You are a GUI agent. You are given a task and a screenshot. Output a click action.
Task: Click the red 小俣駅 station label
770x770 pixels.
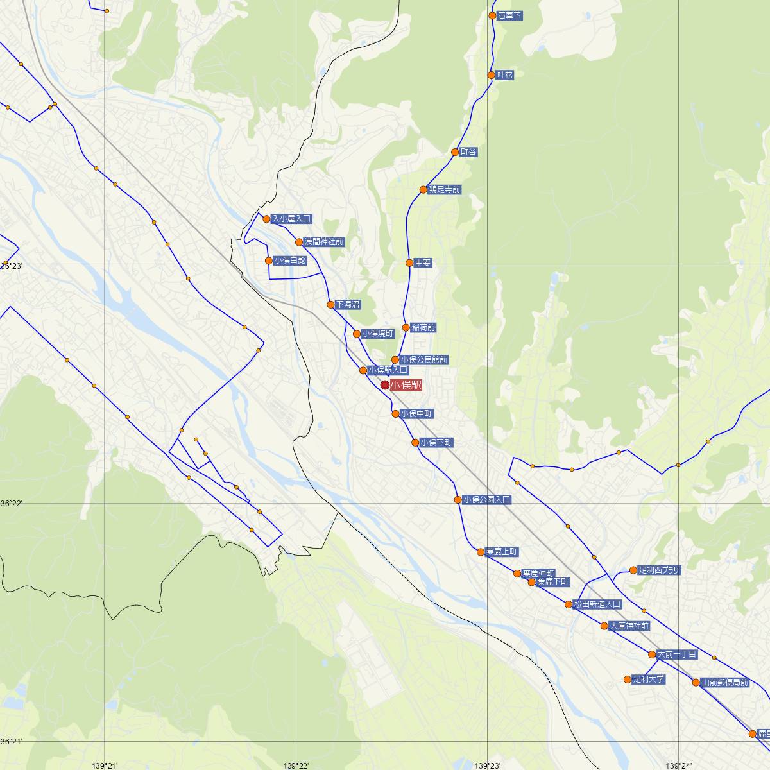click(x=406, y=385)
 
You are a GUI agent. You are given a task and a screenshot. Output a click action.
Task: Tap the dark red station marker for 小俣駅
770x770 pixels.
click(x=385, y=385)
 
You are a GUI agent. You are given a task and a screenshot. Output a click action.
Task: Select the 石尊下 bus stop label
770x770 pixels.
click(x=510, y=15)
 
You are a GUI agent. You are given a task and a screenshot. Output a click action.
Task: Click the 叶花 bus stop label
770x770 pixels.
click(x=505, y=75)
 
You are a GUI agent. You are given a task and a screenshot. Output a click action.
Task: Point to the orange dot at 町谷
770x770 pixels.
click(x=455, y=152)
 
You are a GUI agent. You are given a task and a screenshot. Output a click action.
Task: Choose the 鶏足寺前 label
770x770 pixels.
click(x=444, y=190)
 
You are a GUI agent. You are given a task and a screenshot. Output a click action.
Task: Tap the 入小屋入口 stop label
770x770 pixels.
click(x=291, y=219)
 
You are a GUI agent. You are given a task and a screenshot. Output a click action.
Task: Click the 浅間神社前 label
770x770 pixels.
click(x=324, y=242)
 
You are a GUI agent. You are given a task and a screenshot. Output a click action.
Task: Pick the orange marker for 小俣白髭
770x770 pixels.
click(x=269, y=261)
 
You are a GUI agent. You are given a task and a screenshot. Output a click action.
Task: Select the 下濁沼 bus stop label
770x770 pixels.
click(x=347, y=304)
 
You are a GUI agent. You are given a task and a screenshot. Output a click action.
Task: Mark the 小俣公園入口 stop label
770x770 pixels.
click(x=487, y=499)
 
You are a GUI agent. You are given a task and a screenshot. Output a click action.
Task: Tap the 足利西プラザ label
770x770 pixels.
click(x=659, y=570)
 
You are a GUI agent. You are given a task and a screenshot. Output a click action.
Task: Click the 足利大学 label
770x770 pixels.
click(x=648, y=679)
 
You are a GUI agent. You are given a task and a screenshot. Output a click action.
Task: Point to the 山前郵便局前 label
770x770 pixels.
click(x=724, y=682)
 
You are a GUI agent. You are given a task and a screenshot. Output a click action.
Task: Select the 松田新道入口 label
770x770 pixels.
click(x=597, y=604)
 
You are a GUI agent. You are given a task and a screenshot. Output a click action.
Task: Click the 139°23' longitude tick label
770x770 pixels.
click(x=487, y=766)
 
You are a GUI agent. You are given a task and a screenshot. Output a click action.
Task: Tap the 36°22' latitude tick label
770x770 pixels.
click(x=11, y=504)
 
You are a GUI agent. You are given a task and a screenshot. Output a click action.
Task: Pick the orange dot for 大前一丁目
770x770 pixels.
click(x=652, y=654)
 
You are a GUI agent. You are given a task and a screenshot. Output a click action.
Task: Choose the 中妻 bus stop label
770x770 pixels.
click(x=423, y=262)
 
